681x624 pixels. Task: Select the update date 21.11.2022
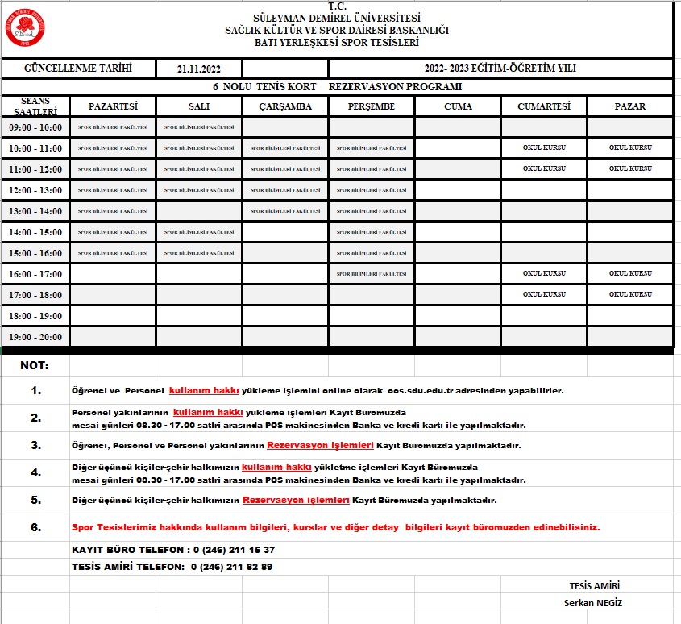[199, 69]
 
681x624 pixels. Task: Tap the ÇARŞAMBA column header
[285, 106]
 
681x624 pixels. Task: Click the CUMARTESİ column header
[544, 106]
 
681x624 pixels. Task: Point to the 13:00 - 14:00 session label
[35, 211]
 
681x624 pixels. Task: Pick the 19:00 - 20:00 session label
[35, 337]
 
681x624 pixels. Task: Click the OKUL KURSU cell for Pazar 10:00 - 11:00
[630, 148]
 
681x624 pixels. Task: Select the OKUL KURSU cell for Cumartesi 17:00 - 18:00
[544, 294]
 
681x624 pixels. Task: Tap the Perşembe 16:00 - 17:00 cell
[372, 274]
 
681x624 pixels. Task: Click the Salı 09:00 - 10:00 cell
[199, 127]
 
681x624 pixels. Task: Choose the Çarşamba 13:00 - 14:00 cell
[285, 211]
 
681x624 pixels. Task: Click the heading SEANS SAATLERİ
[35, 106]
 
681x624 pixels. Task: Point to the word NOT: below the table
[35, 365]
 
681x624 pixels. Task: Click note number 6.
[35, 527]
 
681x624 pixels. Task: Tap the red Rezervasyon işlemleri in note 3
[309, 445]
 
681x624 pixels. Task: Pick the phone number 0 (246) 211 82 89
[232, 567]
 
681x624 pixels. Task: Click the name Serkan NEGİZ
[594, 603]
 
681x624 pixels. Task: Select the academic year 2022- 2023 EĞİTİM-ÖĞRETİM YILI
[500, 69]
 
